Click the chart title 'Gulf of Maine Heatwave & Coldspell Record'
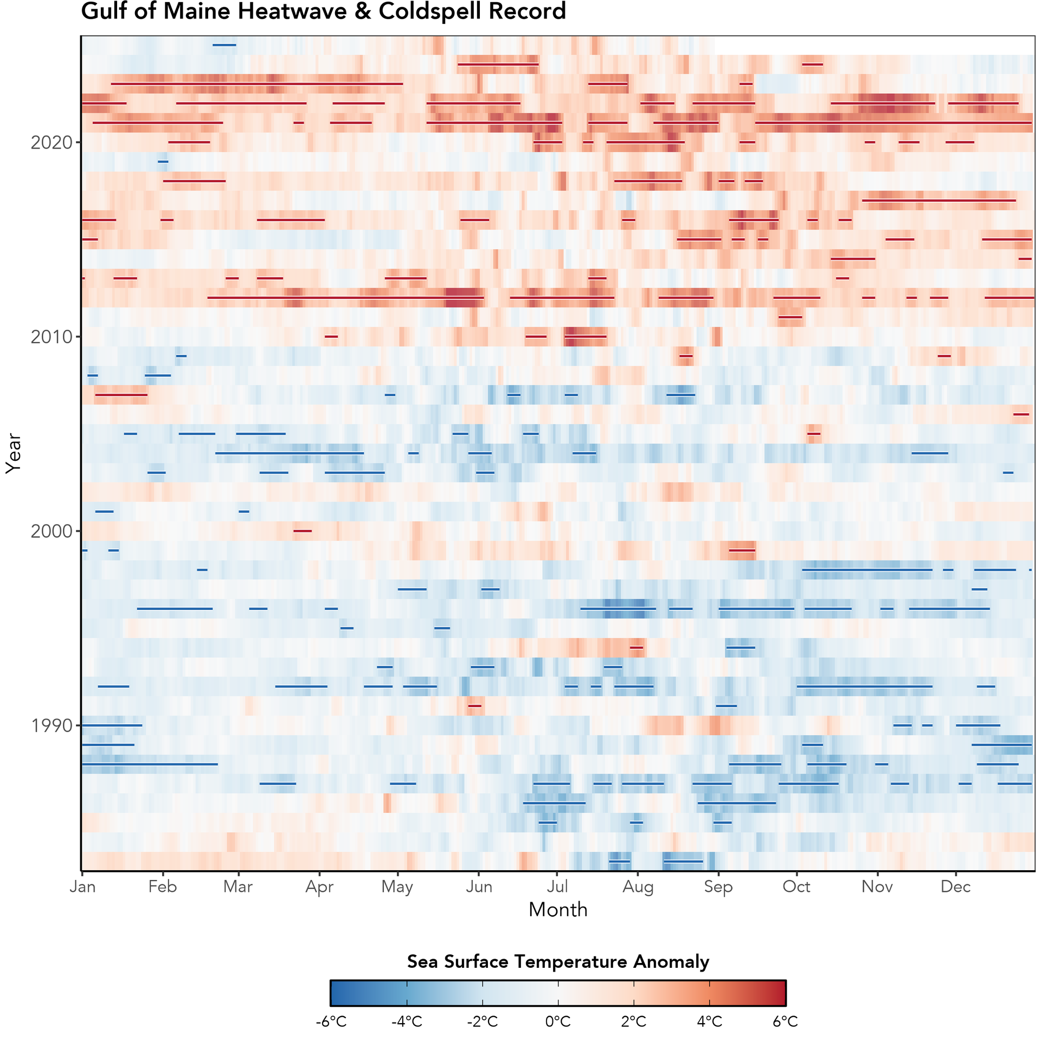[x=323, y=11]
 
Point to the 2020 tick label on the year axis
[x=52, y=143]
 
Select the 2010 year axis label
[x=52, y=337]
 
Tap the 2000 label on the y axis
[x=52, y=531]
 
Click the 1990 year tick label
[x=52, y=725]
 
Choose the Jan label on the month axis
[x=82, y=887]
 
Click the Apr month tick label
[x=319, y=887]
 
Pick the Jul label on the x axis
[x=557, y=887]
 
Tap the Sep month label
[x=718, y=887]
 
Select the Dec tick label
[x=955, y=887]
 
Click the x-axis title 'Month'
[x=558, y=910]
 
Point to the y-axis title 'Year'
[x=13, y=453]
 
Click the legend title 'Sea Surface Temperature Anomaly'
[x=558, y=961]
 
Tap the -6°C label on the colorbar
[x=331, y=1022]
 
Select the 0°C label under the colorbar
[x=558, y=1022]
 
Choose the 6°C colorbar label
[x=785, y=1022]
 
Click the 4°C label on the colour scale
[x=709, y=1022]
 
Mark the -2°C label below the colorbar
[x=482, y=1022]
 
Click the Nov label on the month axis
[x=877, y=887]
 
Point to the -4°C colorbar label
[x=407, y=1022]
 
